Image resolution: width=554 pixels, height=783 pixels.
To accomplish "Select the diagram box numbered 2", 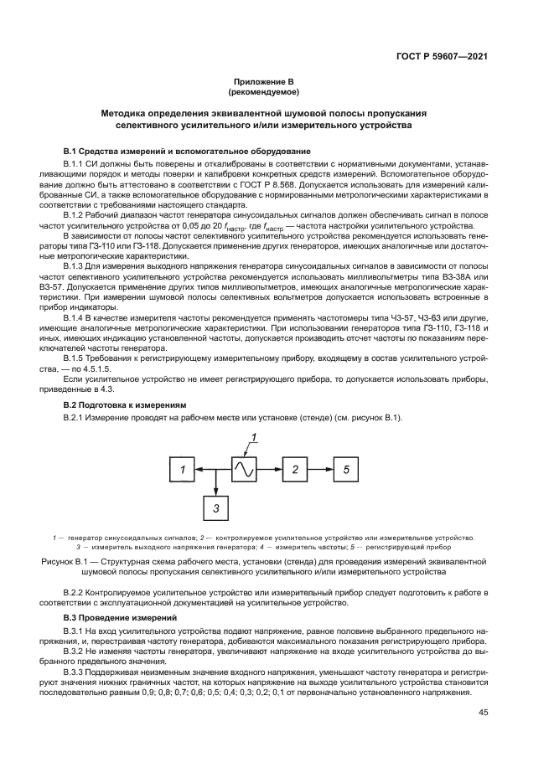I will tap(295, 471).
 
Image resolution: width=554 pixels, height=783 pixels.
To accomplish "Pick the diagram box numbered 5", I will tap(344, 471).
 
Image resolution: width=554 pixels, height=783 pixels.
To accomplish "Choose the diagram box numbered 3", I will tap(215, 507).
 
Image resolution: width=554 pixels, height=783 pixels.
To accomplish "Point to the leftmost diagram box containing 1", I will tap(182, 471).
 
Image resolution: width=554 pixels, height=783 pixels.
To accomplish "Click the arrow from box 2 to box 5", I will tap(320, 471).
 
